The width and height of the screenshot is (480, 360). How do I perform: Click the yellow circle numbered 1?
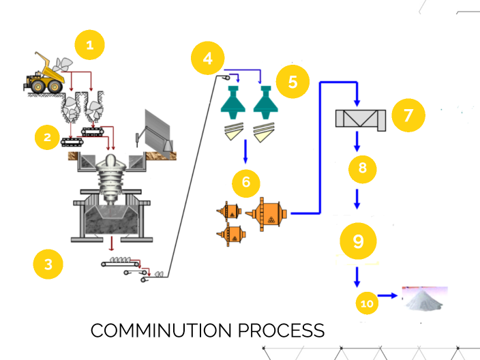91,46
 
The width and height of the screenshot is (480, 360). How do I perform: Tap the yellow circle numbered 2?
47,137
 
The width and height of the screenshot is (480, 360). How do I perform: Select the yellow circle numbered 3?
48,265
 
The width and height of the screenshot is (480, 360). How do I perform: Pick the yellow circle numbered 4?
208,58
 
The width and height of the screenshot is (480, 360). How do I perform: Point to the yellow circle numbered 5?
292,82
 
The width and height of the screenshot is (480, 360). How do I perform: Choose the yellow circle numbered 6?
246,182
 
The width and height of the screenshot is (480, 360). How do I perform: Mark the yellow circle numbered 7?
408,114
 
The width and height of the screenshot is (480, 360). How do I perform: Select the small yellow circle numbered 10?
367,303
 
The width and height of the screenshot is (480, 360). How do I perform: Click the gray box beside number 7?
361,119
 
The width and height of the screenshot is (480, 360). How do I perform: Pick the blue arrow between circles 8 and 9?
357,200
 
